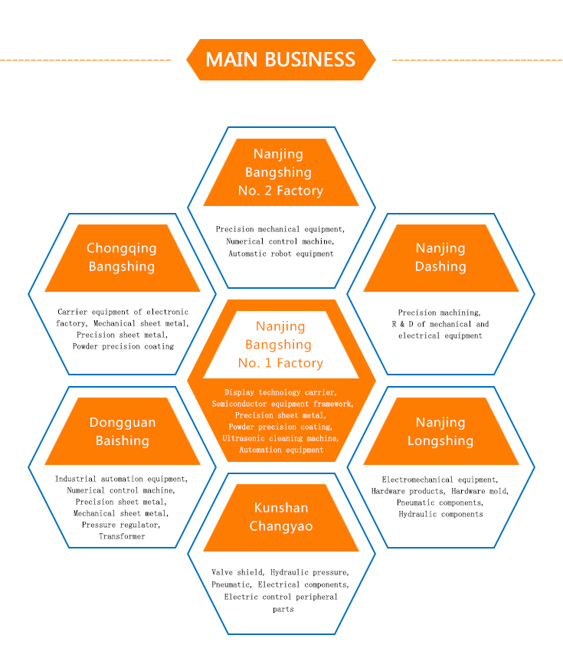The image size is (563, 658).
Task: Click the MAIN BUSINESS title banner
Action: click(x=280, y=60)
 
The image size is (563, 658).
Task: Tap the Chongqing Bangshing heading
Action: click(x=121, y=257)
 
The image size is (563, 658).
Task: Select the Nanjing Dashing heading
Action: click(x=440, y=257)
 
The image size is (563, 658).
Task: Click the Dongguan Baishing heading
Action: click(x=123, y=431)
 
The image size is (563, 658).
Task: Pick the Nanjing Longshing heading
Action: click(x=440, y=431)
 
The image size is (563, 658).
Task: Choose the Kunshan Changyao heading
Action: click(x=281, y=517)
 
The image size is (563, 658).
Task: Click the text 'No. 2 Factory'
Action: click(x=280, y=191)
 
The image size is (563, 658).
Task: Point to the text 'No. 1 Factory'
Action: click(x=280, y=363)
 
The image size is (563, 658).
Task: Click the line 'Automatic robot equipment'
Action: click(x=281, y=253)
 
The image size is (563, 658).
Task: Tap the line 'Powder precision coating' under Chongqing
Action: click(x=123, y=346)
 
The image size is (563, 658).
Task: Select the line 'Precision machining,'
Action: click(x=440, y=313)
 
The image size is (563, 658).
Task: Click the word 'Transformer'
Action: click(x=121, y=536)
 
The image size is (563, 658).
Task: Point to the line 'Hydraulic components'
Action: click(x=440, y=514)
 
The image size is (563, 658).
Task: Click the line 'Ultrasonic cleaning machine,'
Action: click(x=280, y=438)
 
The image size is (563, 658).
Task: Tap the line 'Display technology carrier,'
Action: click(x=280, y=392)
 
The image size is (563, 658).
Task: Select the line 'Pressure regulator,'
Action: click(x=121, y=525)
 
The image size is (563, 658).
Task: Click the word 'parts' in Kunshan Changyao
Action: click(x=281, y=609)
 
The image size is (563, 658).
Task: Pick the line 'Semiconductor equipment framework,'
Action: click(x=280, y=404)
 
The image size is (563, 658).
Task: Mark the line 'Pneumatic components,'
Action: click(x=440, y=503)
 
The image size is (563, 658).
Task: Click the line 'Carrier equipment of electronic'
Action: click(x=123, y=312)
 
